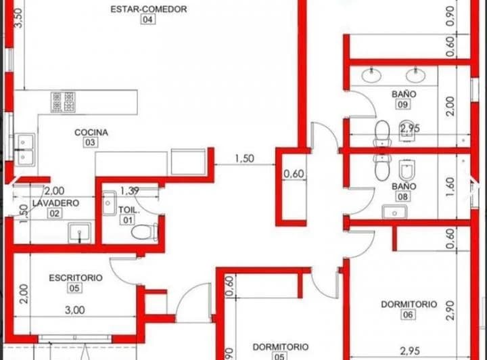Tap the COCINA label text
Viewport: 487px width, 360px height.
[91, 133]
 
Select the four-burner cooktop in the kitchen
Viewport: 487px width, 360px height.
[62, 102]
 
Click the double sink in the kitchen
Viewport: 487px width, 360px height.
[26, 150]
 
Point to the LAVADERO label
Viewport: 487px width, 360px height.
[55, 203]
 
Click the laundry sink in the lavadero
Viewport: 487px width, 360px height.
[80, 233]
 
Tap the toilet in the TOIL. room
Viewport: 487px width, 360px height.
[145, 233]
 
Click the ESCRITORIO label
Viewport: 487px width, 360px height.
[75, 277]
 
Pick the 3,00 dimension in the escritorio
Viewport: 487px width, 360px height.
[74, 311]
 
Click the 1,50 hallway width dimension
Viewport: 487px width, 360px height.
[245, 159]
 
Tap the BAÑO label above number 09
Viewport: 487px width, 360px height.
[404, 94]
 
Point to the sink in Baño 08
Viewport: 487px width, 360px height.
[393, 212]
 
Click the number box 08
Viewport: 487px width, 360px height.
[403, 196]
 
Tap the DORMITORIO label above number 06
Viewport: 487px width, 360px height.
[409, 305]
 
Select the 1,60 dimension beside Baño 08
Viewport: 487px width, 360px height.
[451, 187]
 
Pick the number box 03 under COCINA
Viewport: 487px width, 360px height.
[91, 143]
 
